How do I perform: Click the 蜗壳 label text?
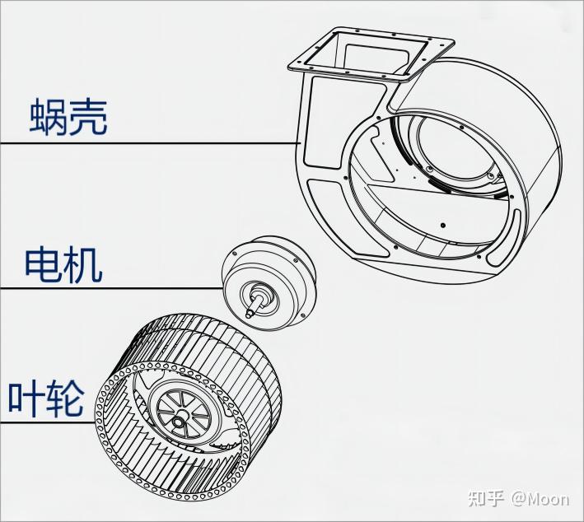click(x=68, y=118)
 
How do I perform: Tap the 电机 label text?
click(x=63, y=265)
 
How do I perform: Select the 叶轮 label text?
click(x=46, y=398)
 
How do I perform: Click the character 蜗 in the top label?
click(x=47, y=118)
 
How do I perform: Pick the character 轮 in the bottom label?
click(x=65, y=398)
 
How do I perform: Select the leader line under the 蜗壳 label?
click(x=148, y=144)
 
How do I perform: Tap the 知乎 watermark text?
click(x=486, y=499)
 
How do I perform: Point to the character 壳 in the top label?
click(x=88, y=118)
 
